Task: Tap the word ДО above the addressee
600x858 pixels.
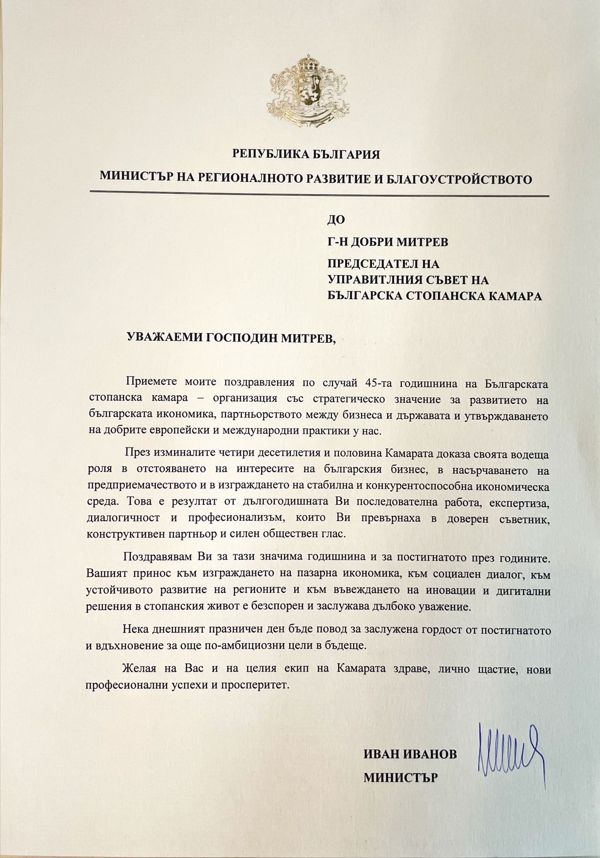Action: point(336,219)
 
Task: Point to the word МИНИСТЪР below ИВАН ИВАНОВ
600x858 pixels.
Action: point(400,778)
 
